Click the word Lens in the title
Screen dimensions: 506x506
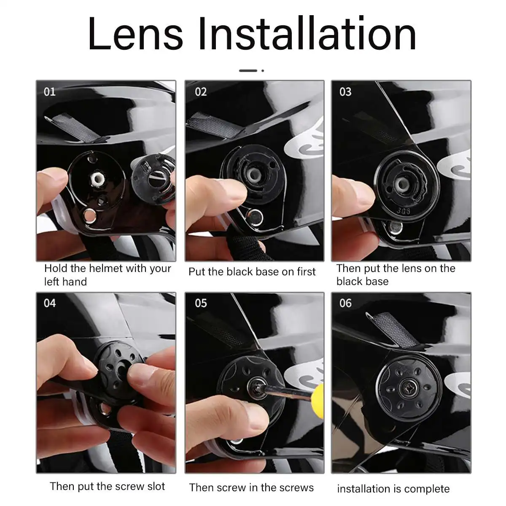tap(136, 35)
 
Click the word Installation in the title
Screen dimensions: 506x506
tap(307, 35)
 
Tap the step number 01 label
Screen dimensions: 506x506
tap(50, 92)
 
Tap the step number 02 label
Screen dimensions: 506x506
tap(201, 92)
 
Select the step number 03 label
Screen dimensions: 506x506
tap(345, 92)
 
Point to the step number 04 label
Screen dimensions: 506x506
tap(50, 303)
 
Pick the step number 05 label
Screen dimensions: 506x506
tap(201, 303)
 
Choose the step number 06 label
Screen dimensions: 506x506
tap(345, 303)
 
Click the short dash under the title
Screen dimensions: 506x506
tap(248, 70)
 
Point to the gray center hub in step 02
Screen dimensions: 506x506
tap(254, 173)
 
